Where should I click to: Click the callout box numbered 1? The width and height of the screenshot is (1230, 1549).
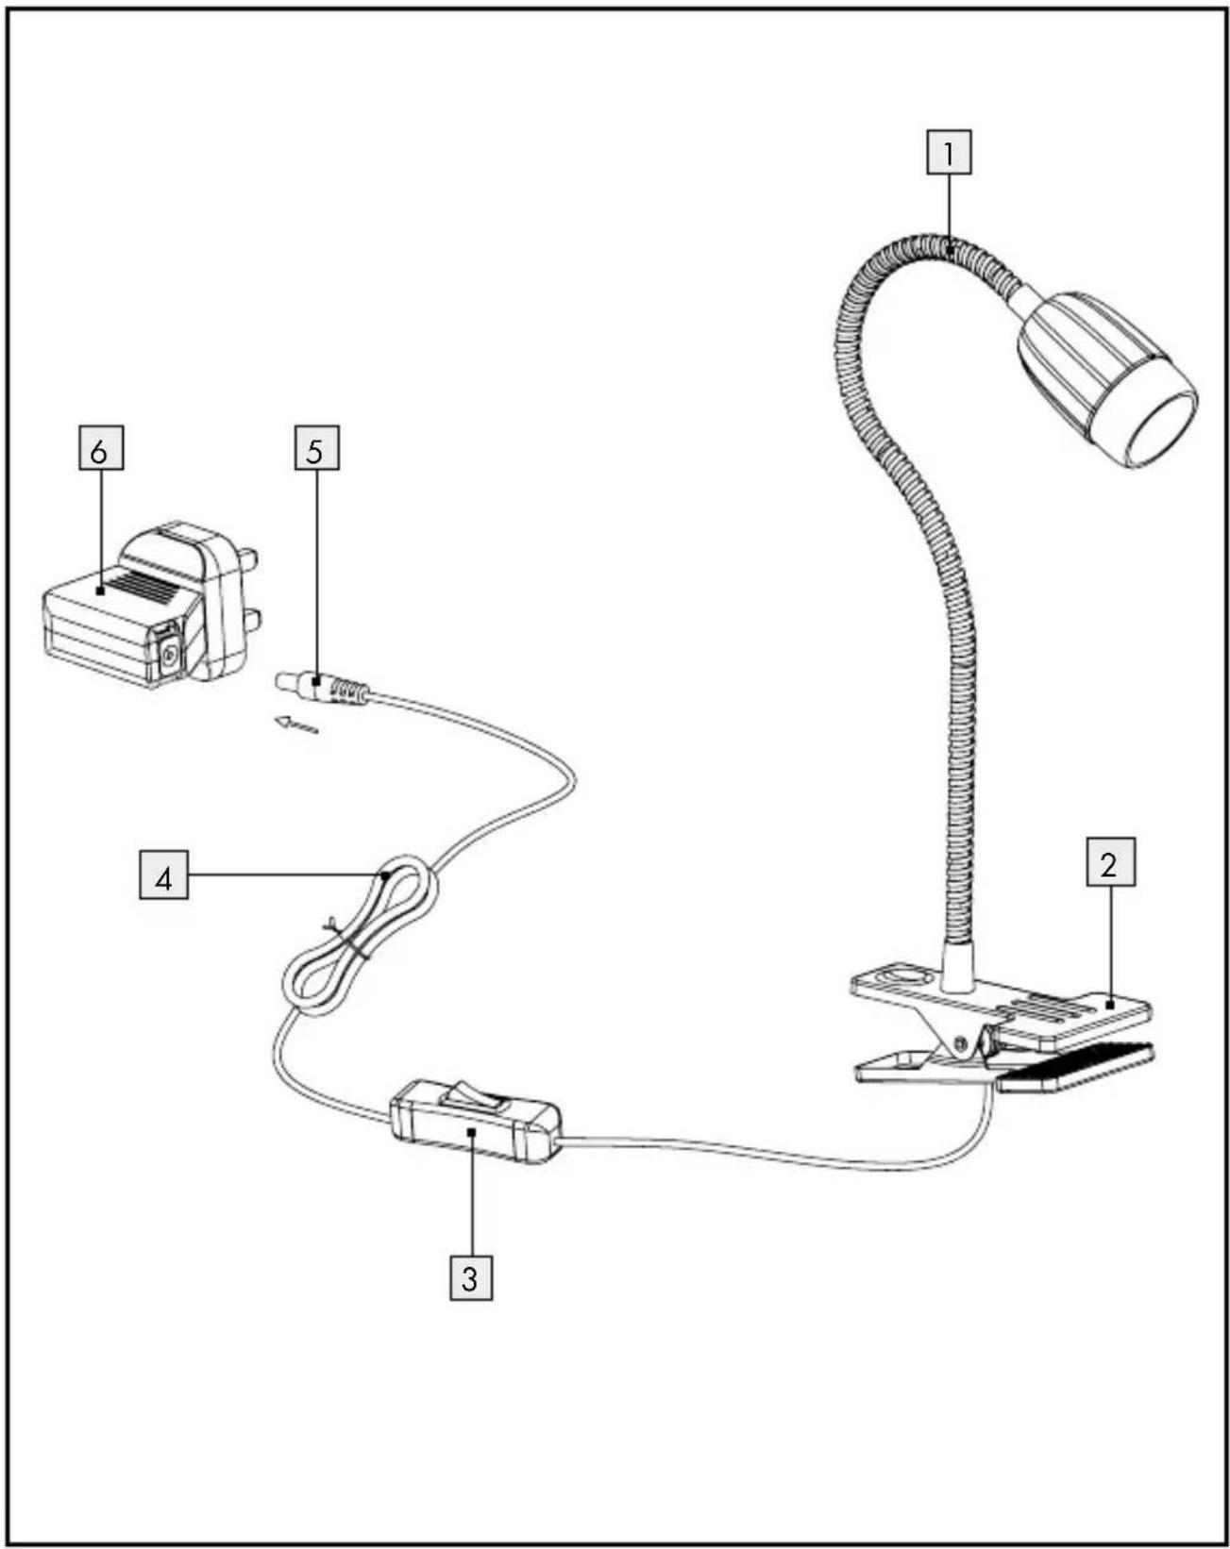tap(949, 153)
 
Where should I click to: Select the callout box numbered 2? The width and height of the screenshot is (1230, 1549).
tap(1110, 862)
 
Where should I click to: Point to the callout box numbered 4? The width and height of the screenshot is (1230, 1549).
tap(163, 875)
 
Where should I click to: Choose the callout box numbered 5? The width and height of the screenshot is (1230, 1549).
tap(315, 449)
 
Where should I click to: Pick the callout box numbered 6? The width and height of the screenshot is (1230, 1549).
tap(100, 449)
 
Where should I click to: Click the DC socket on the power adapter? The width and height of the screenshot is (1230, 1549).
tap(169, 655)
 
